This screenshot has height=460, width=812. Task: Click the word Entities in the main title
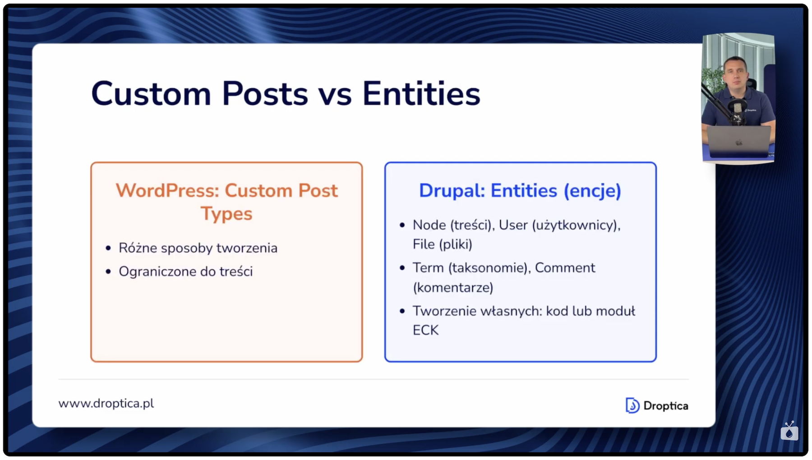421,94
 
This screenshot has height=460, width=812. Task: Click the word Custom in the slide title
151,94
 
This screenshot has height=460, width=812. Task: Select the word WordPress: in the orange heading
167,190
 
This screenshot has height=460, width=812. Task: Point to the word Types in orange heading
226,214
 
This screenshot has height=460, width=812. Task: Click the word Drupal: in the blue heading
452,191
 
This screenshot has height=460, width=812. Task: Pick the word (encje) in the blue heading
592,191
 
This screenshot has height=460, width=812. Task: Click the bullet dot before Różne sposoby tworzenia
108,248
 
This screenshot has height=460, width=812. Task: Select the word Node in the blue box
429,225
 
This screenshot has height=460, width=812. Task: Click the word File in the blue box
424,244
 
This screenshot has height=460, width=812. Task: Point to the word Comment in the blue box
565,268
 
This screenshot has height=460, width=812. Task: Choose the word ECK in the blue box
425,330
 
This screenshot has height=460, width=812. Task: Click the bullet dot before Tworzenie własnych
402,311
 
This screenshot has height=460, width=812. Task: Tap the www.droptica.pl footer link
106,403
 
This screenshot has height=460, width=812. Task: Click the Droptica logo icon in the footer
632,405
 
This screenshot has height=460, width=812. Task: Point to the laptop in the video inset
738,141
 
